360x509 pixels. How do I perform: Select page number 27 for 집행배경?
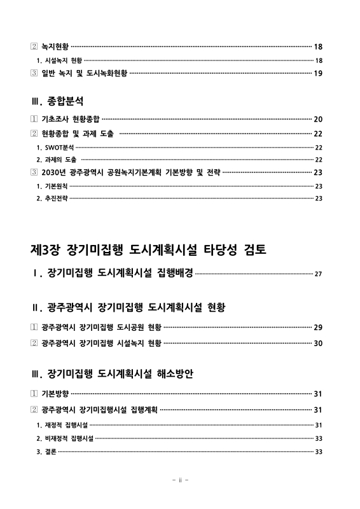(x=318, y=274)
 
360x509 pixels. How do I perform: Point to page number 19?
(x=319, y=74)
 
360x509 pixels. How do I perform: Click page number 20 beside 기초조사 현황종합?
(x=319, y=118)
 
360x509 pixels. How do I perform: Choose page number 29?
(x=319, y=328)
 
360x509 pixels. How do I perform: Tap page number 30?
(x=319, y=344)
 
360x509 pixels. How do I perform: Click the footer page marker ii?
(x=180, y=480)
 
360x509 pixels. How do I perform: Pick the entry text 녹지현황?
(x=55, y=46)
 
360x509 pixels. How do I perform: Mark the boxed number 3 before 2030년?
(x=34, y=172)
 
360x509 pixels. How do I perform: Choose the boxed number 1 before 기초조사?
(x=34, y=118)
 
